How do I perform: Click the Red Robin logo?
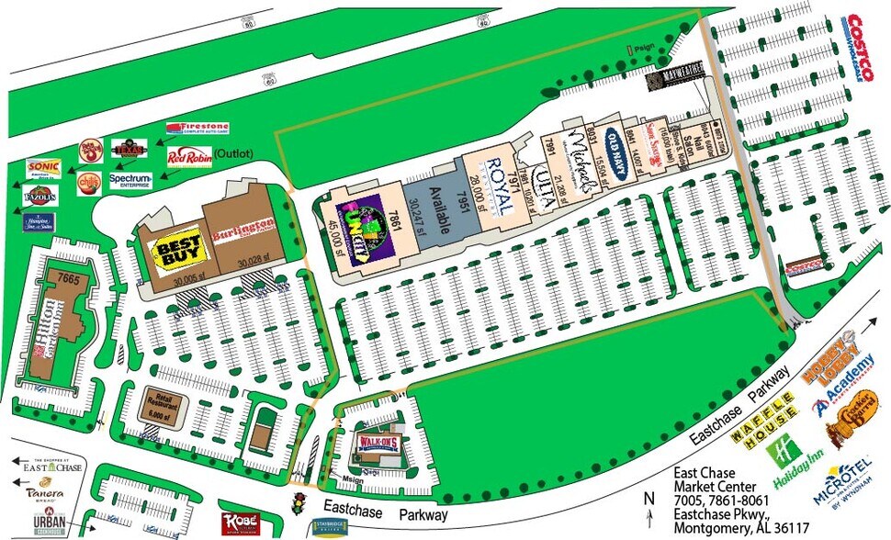tap(189, 158)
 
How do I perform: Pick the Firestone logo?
tap(197, 129)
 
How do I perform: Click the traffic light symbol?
tap(298, 504)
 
